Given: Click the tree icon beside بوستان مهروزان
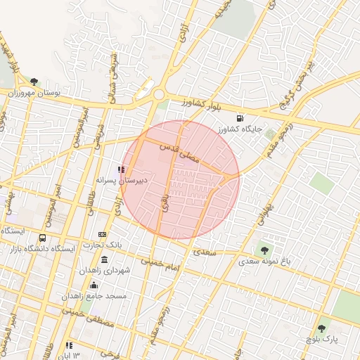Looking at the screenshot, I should (x=34, y=82).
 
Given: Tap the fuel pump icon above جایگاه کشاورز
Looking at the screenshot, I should (x=240, y=117).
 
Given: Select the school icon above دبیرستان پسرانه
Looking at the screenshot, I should (x=122, y=169).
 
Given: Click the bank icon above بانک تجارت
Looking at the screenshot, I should (x=103, y=234).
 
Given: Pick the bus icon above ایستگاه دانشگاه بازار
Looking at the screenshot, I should (x=42, y=238).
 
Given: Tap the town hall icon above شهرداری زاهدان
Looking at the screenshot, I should (x=104, y=260).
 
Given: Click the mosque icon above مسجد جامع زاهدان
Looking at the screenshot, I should (x=94, y=285).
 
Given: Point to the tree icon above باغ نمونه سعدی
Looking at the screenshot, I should (x=264, y=250).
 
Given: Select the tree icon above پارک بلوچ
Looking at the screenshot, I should (x=321, y=328).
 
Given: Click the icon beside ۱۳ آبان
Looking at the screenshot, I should (x=69, y=345).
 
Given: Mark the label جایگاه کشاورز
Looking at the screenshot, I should (x=240, y=129).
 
